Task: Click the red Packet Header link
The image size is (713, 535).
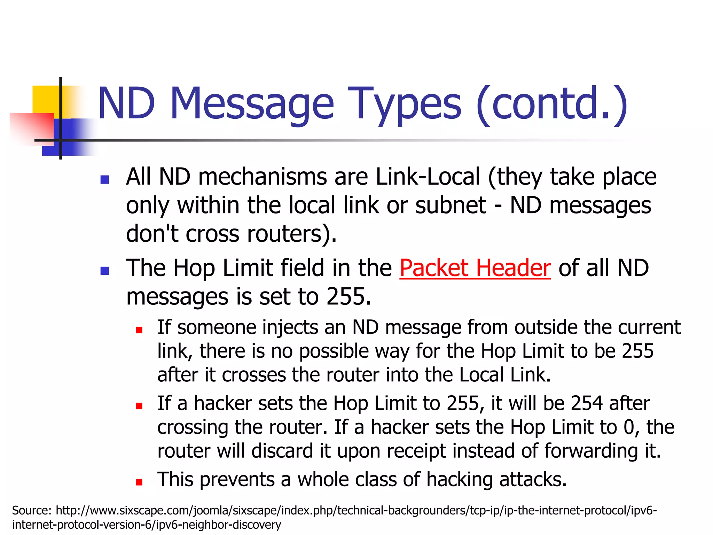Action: tap(475, 268)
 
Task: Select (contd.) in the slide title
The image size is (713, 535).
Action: tap(552, 104)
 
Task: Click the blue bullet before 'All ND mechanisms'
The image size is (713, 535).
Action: tap(104, 180)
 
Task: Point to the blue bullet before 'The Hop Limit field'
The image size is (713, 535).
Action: tap(104, 271)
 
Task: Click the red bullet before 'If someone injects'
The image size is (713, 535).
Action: tap(139, 330)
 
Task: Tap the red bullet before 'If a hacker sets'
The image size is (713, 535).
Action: tap(139, 406)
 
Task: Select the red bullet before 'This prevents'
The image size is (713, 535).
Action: tap(139, 482)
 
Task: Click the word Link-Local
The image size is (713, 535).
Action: tap(428, 177)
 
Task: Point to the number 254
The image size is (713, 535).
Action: tap(586, 403)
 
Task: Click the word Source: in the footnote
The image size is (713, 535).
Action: tap(32, 511)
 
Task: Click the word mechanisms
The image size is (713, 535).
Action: tap(263, 177)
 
